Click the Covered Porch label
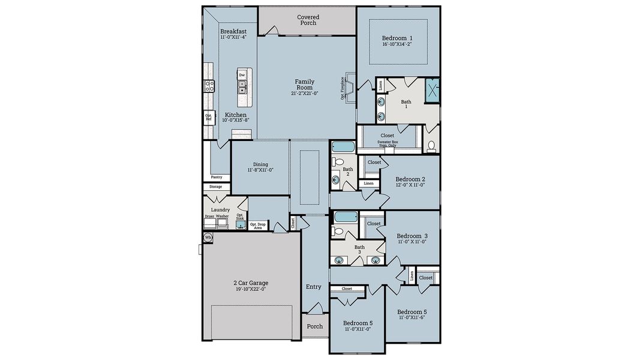click(308, 20)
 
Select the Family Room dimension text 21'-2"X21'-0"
click(305, 94)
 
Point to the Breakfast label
click(233, 31)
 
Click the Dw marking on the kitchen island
click(242, 75)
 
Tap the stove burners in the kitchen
click(209, 86)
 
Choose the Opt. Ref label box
click(209, 118)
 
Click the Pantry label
click(217, 177)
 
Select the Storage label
click(215, 187)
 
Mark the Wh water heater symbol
click(208, 238)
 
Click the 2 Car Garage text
click(251, 283)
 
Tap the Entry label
click(314, 287)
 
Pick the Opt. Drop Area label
click(259, 226)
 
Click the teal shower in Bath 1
click(432, 89)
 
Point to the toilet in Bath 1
click(431, 146)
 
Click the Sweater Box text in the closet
click(387, 143)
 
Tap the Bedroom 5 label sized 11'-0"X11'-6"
click(411, 312)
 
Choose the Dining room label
click(260, 164)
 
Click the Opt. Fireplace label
click(342, 88)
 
